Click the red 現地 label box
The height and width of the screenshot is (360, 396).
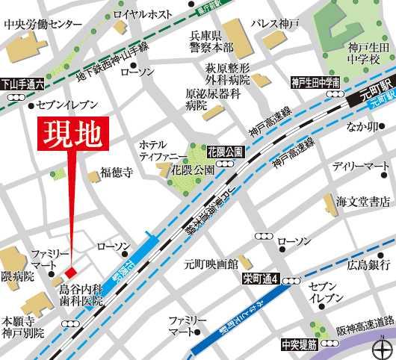tap(72, 131)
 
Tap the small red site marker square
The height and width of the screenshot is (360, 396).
tap(72, 270)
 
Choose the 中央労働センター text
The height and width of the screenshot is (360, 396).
tap(43, 25)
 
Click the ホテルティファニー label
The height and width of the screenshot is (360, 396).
tap(158, 150)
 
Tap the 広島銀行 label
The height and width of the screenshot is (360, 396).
tap(368, 264)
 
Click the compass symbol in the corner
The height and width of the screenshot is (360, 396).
tap(380, 345)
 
